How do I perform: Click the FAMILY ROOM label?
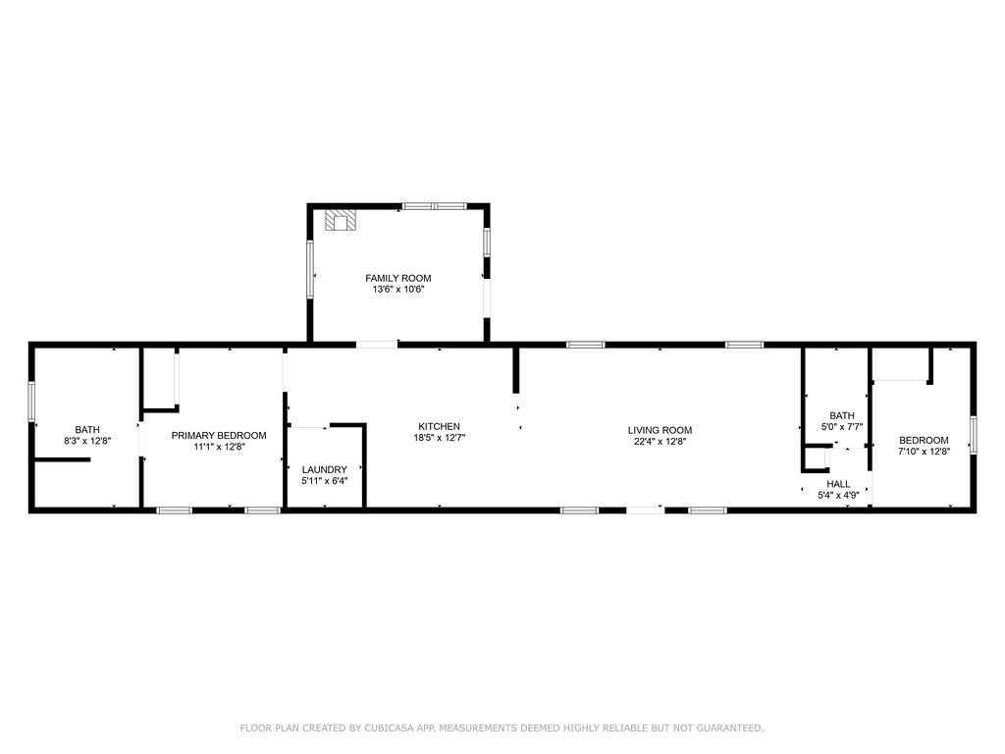click(397, 278)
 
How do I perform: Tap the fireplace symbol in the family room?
click(343, 220)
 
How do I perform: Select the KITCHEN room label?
click(439, 426)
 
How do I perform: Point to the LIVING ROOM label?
click(660, 430)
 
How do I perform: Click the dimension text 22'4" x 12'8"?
click(660, 442)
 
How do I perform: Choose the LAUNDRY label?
click(324, 469)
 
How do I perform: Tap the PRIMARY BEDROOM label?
click(218, 435)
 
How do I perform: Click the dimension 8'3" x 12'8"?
click(87, 441)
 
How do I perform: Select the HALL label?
click(838, 484)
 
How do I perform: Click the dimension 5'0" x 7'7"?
click(842, 427)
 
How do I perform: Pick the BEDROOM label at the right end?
click(924, 440)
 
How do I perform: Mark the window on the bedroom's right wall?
click(974, 434)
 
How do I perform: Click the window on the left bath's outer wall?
click(31, 403)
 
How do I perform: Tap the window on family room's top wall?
click(434, 206)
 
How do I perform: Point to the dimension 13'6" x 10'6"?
click(397, 290)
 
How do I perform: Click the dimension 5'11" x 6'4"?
click(324, 481)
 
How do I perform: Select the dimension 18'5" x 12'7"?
click(439, 438)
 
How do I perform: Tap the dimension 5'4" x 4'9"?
click(838, 496)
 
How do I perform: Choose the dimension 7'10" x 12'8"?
click(924, 452)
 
